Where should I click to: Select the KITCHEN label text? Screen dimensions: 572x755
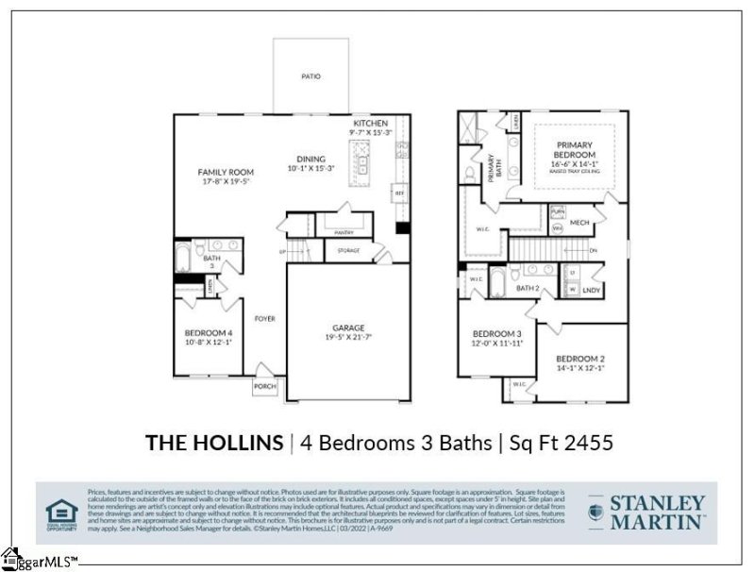pos(371,124)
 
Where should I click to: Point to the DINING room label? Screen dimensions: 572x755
pos(310,159)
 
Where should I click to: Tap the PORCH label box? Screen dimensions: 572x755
pos(264,387)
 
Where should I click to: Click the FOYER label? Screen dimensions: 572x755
pos(264,319)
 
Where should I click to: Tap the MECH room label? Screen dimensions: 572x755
pos(579,223)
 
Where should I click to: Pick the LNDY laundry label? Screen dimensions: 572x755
pos(592,290)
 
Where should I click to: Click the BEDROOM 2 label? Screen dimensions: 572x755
pos(579,359)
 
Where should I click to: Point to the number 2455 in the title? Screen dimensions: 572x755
pos(590,442)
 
